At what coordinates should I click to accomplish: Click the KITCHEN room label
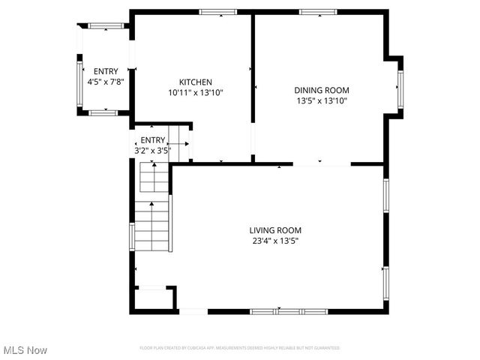click(196, 82)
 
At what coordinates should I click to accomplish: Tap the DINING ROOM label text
click(322, 89)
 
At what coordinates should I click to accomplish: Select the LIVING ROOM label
click(275, 230)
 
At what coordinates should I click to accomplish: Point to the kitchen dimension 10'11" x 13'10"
click(196, 92)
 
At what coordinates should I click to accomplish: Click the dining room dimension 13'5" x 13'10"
click(322, 100)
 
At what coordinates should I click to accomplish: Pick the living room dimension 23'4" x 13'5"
click(275, 241)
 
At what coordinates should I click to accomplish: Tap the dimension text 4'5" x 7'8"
click(106, 81)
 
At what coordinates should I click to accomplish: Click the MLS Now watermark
click(25, 350)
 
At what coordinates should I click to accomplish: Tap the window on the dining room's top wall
click(315, 11)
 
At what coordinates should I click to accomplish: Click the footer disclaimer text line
click(240, 348)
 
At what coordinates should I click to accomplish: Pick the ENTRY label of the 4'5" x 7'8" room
click(106, 71)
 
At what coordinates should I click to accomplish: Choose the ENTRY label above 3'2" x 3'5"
click(152, 140)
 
